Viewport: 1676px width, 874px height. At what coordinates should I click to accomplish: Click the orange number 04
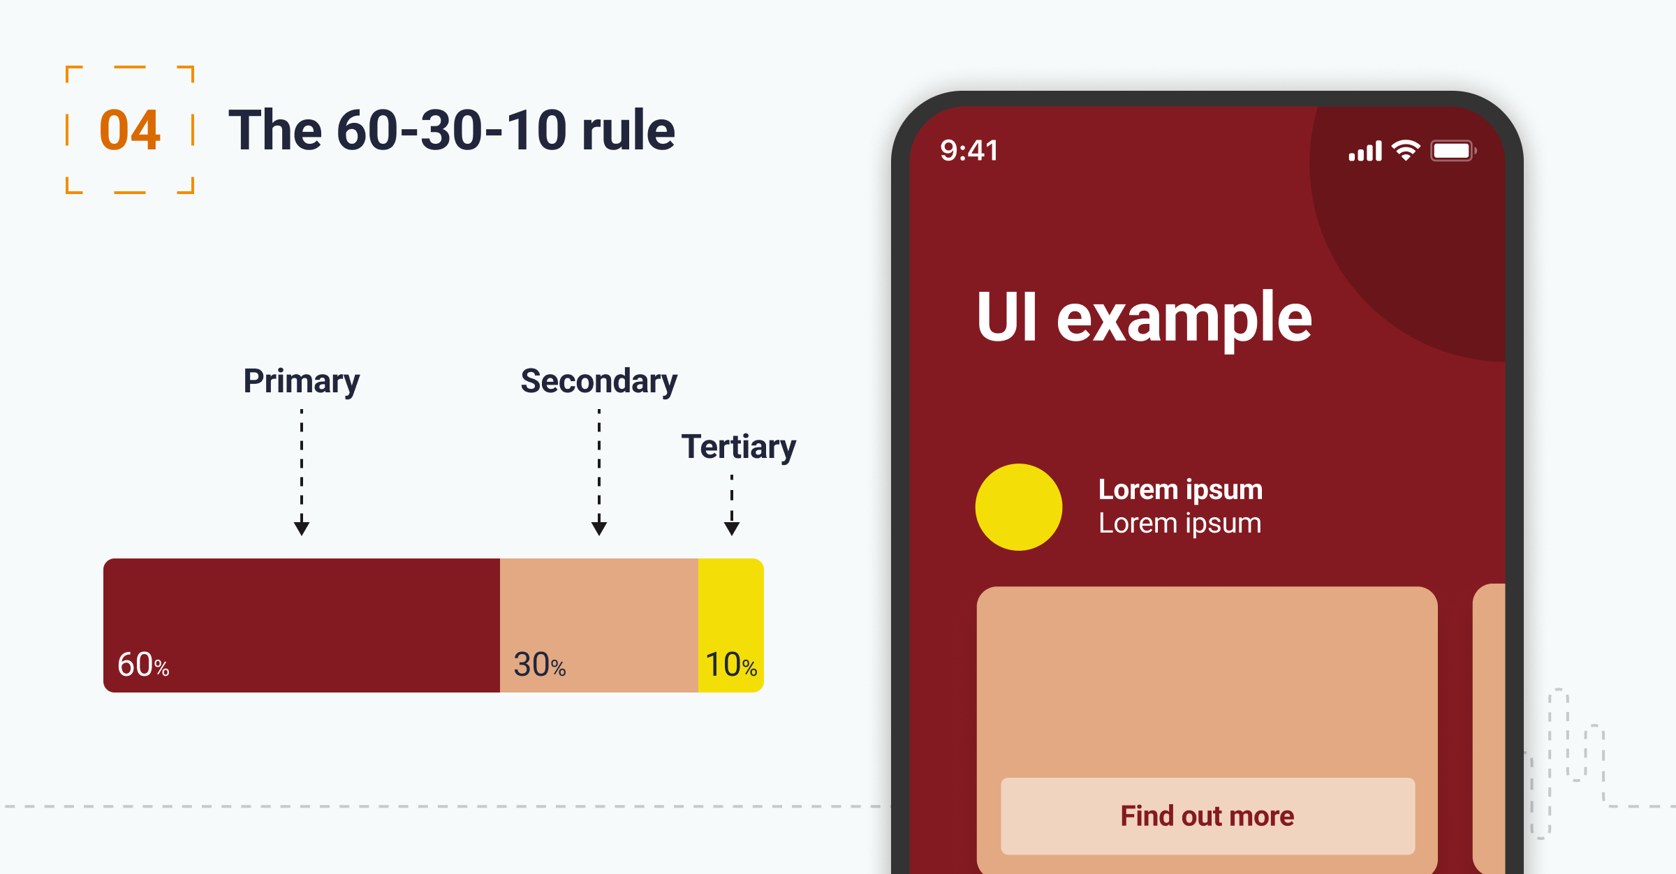(x=130, y=131)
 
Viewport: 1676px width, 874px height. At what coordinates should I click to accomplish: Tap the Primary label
(x=302, y=381)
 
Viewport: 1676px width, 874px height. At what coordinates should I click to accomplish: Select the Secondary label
(x=599, y=381)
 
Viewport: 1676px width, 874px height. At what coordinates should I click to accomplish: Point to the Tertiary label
(x=739, y=447)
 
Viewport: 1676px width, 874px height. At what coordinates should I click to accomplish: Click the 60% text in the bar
(x=143, y=665)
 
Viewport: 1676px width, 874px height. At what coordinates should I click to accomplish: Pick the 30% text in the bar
(x=539, y=665)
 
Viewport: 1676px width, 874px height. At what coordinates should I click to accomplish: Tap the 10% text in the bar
(x=731, y=665)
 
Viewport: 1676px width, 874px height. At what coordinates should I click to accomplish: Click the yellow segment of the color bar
(x=731, y=625)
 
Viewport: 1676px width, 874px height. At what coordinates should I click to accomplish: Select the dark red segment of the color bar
(x=302, y=625)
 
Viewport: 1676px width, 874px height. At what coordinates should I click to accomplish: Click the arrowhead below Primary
(x=302, y=528)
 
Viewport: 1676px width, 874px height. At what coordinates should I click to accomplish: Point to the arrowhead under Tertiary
(x=732, y=528)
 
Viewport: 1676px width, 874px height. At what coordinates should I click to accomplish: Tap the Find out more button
(x=1208, y=816)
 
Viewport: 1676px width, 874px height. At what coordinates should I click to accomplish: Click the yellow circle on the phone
(x=1019, y=507)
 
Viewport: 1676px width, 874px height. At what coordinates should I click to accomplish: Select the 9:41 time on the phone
(x=969, y=151)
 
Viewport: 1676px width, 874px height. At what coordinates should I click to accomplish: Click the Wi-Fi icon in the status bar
(x=1406, y=150)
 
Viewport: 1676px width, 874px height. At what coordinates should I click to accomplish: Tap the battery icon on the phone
(x=1453, y=151)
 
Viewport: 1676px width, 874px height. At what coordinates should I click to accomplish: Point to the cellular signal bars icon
(x=1365, y=151)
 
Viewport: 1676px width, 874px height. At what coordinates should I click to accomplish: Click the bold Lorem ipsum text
(x=1180, y=490)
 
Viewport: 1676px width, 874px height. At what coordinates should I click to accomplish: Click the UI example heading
(x=1145, y=318)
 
